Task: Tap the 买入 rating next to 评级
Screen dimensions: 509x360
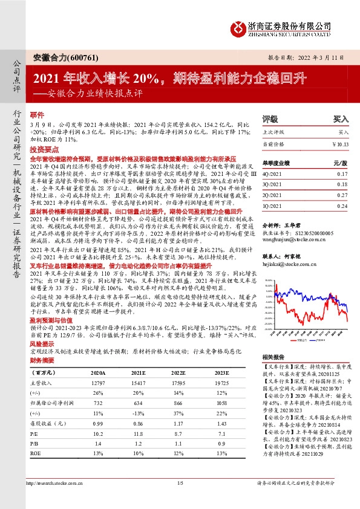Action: [x=341, y=120]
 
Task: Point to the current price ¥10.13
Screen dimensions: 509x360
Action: [x=341, y=143]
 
